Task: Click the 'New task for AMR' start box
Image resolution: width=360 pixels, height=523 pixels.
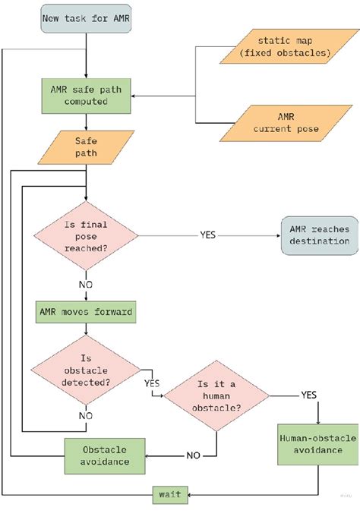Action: (x=86, y=17)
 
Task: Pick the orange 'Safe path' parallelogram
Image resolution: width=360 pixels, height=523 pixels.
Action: (x=86, y=147)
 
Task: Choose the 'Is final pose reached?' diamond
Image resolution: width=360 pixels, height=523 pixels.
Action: (x=86, y=235)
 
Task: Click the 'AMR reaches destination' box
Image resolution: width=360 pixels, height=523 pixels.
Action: (x=319, y=235)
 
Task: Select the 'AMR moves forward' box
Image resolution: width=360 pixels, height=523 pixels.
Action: (x=86, y=311)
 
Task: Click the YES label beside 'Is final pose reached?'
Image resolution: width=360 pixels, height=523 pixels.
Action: (x=208, y=235)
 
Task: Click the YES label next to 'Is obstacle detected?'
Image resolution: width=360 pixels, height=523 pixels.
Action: (x=150, y=383)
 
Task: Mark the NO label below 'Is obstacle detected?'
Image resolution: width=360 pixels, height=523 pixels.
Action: (x=86, y=415)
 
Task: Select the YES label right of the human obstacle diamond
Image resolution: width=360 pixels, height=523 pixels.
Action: (x=308, y=395)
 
